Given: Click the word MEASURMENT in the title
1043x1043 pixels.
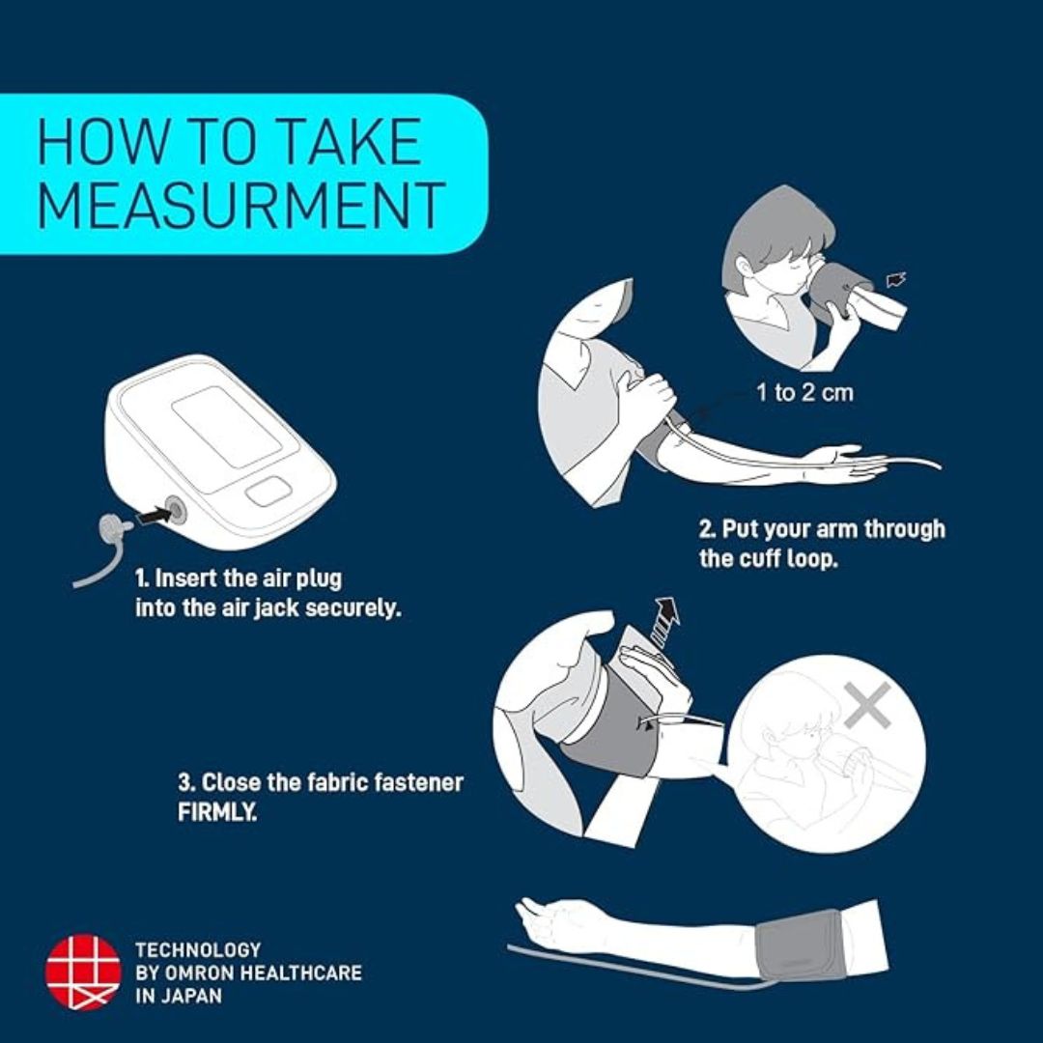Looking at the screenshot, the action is click(240, 205).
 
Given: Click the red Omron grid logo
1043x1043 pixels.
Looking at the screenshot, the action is click(83, 972).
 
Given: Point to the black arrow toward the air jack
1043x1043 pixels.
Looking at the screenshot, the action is click(152, 515).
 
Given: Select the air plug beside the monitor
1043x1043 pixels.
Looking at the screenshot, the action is click(113, 530).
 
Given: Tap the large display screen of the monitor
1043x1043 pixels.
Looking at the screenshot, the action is click(228, 427).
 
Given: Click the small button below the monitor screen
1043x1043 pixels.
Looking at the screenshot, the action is click(268, 492).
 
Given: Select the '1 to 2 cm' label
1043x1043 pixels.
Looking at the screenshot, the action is click(804, 392).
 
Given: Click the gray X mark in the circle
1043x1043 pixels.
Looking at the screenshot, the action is click(868, 704).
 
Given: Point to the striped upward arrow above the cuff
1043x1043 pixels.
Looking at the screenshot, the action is click(663, 621).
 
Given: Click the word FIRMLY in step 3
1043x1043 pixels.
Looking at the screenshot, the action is click(217, 811).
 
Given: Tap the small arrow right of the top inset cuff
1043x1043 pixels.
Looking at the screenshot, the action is click(896, 280).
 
